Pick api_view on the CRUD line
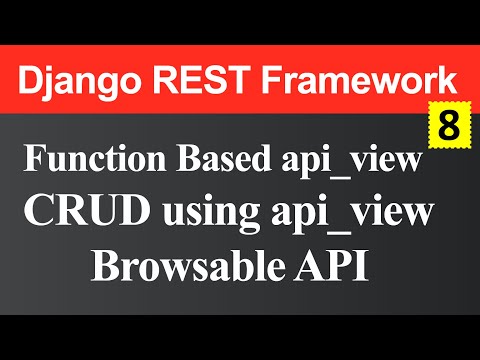355,214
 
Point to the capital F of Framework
274,80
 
